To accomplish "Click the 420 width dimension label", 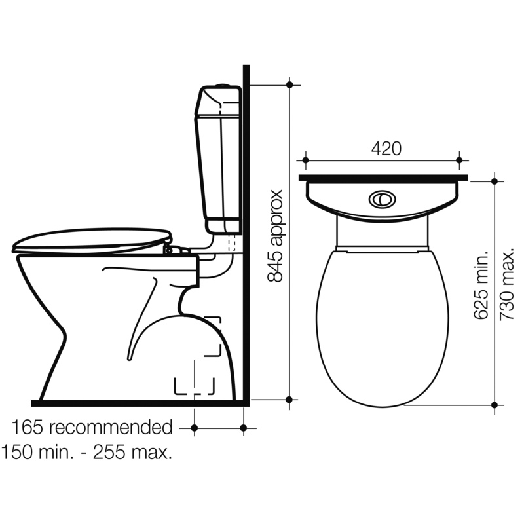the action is (386, 149).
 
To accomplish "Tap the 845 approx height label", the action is (276, 236).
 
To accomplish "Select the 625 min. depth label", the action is (481, 286).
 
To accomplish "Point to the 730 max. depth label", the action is (506, 286).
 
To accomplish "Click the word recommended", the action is (111, 428).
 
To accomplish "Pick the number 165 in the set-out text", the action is (28, 428).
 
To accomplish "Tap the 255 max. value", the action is (133, 453).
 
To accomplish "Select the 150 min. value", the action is (37, 453).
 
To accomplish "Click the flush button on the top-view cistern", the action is (383, 200).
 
